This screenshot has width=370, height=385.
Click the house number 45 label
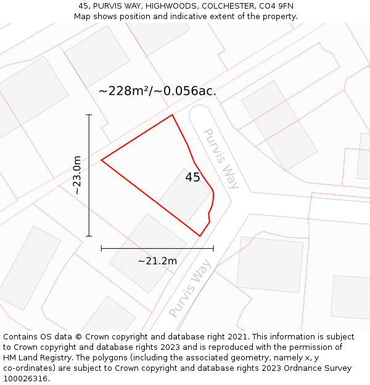192,177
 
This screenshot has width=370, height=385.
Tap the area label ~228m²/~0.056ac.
157,91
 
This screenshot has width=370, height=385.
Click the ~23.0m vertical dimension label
77,176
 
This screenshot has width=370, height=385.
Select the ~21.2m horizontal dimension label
157,261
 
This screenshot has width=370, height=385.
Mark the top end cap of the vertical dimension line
89,115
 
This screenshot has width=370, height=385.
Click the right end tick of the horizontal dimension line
213,248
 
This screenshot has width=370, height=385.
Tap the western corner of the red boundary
102,160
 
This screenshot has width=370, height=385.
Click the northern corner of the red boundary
172,115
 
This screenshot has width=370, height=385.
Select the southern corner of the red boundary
200,235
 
